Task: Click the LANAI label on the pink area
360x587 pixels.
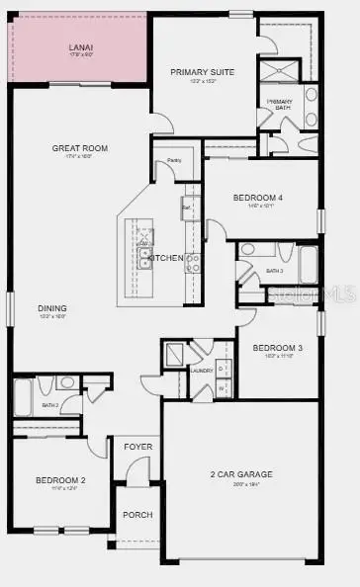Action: pos(81,47)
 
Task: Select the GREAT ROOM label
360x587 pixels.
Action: pos(80,148)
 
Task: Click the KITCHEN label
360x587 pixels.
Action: pos(166,258)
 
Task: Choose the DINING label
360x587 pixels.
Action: pos(52,307)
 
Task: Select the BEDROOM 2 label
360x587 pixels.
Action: pos(61,480)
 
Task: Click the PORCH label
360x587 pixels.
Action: pos(137,515)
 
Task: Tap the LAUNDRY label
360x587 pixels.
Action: pos(203,371)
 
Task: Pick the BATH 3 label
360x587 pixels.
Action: pos(274,271)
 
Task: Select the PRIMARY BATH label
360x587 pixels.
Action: pos(278,104)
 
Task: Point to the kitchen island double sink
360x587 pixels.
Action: pos(145,259)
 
